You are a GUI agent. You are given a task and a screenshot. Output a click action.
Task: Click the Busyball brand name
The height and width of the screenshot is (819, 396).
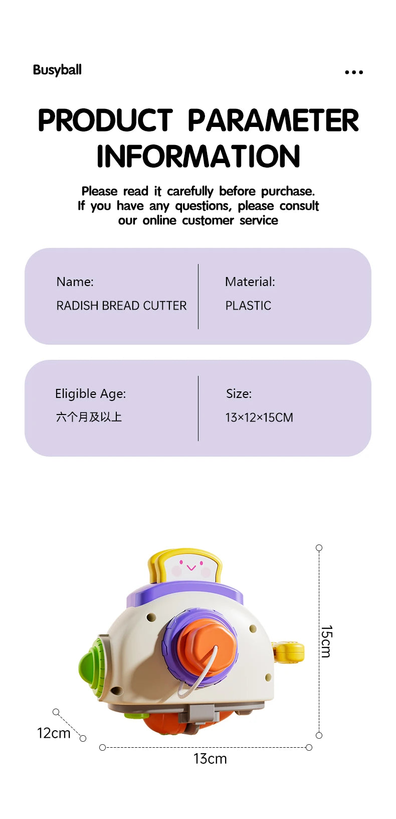click(57, 70)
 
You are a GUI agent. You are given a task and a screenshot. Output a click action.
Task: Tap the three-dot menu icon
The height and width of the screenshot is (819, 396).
click(353, 72)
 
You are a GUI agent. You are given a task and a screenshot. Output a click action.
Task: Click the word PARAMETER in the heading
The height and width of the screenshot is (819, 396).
click(273, 121)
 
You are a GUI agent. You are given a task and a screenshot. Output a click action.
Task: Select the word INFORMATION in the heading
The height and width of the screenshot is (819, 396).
click(198, 156)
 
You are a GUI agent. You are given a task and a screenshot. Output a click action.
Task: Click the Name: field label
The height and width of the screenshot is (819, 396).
click(75, 282)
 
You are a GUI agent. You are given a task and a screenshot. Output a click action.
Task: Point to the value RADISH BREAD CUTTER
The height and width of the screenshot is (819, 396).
click(121, 306)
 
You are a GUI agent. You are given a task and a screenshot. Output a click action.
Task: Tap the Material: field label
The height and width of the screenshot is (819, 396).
click(250, 282)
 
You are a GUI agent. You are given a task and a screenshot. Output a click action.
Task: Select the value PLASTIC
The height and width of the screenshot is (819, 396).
click(248, 306)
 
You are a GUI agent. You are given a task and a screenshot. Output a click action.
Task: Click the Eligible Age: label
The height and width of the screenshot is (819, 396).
click(90, 393)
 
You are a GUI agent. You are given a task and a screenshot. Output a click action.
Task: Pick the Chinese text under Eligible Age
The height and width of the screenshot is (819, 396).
click(89, 417)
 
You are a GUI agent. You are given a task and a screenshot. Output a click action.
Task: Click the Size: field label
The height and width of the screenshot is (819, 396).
click(239, 393)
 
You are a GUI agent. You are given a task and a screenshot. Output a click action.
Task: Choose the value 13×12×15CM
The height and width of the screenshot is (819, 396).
click(259, 418)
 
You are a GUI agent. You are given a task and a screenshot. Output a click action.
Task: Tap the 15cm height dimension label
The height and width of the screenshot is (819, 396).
click(326, 641)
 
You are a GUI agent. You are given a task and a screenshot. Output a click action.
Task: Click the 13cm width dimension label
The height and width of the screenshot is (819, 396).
click(210, 758)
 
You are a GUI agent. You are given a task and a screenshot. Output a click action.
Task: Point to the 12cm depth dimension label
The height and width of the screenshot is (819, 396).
click(54, 733)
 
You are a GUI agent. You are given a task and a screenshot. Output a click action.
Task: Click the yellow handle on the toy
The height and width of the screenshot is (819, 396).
click(289, 652)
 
